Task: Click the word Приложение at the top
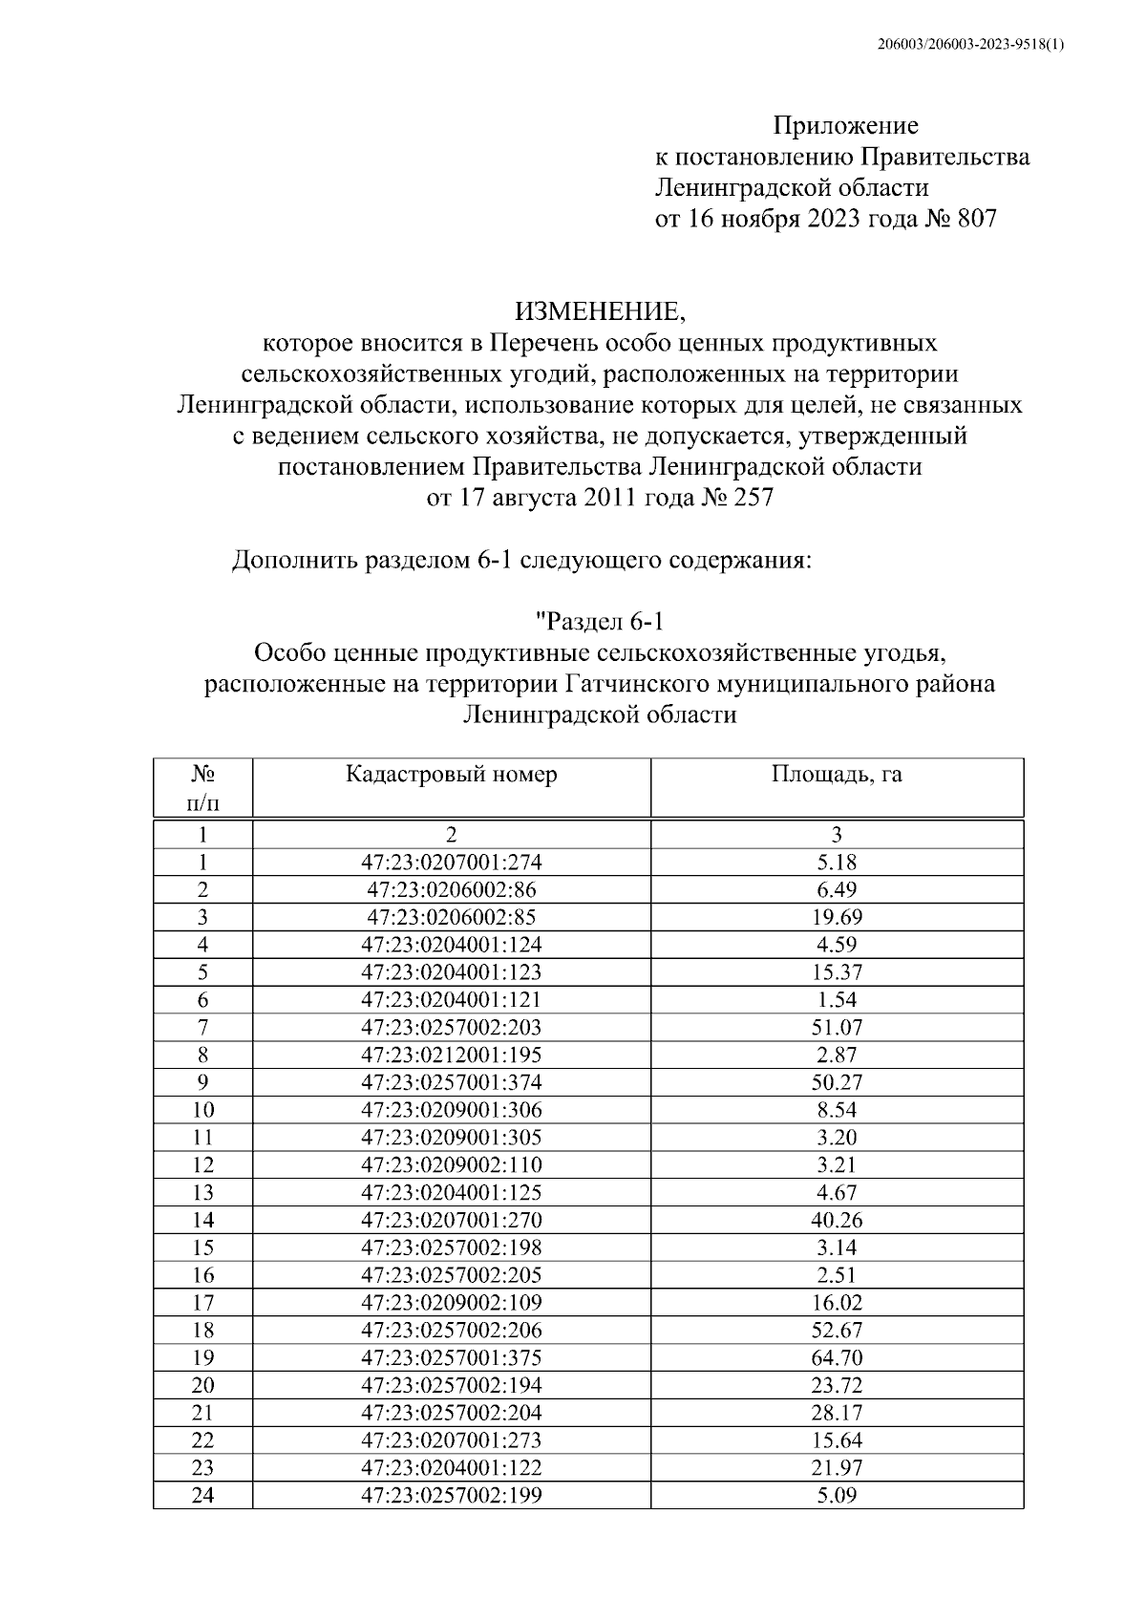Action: [x=844, y=126]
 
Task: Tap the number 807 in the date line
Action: [x=973, y=219]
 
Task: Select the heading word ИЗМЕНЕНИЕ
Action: [x=600, y=311]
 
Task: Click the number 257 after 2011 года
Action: [x=753, y=498]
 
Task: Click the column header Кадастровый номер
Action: [x=451, y=775]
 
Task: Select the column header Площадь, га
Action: [x=837, y=775]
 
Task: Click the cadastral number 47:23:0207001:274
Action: [x=451, y=863]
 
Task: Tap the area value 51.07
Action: [x=837, y=1028]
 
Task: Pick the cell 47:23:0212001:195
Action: [x=451, y=1056]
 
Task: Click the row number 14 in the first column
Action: [x=202, y=1221]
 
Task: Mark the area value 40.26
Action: [x=837, y=1221]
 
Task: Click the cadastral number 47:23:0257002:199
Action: [x=451, y=1496]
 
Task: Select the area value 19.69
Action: [x=837, y=918]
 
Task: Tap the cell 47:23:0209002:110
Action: [x=451, y=1165]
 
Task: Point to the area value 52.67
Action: [x=837, y=1331]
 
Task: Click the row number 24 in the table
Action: [x=202, y=1496]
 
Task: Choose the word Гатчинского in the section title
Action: [x=639, y=685]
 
